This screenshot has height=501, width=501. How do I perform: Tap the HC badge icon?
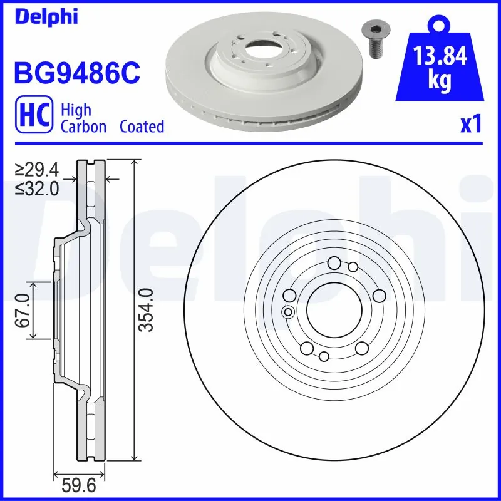point(36,118)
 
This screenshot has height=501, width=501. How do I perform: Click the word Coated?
point(142,127)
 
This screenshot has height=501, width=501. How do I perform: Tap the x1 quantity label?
point(470,125)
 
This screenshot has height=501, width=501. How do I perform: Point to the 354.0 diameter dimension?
point(145,310)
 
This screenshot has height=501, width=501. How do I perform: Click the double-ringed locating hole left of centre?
point(288,312)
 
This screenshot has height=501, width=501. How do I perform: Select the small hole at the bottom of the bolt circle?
point(324,356)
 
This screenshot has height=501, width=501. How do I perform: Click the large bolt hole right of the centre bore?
point(379,296)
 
